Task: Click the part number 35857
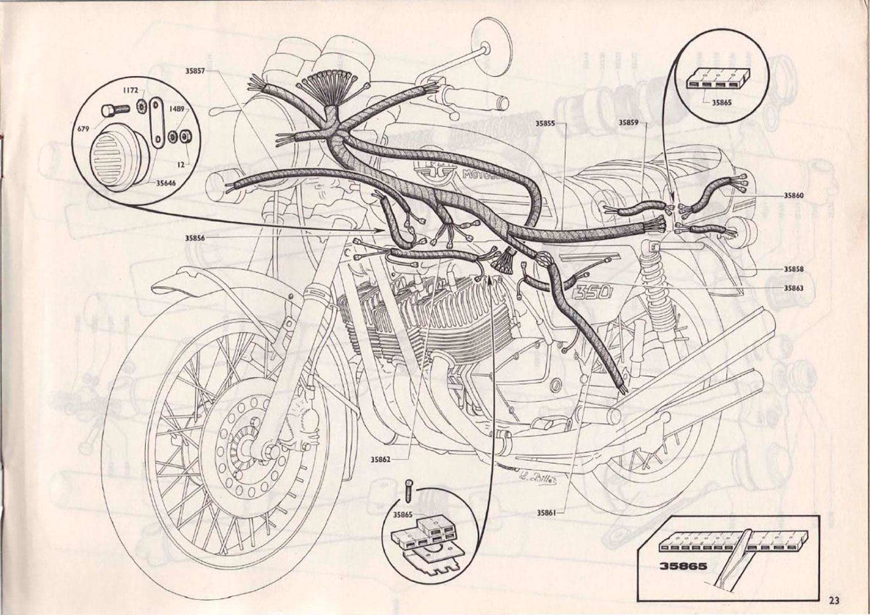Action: coord(195,71)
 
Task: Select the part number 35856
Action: coord(195,238)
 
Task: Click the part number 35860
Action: coord(793,195)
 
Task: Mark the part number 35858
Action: coord(793,269)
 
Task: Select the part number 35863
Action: coord(793,288)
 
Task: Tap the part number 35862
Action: coord(381,460)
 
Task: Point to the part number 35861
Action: coord(546,512)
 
